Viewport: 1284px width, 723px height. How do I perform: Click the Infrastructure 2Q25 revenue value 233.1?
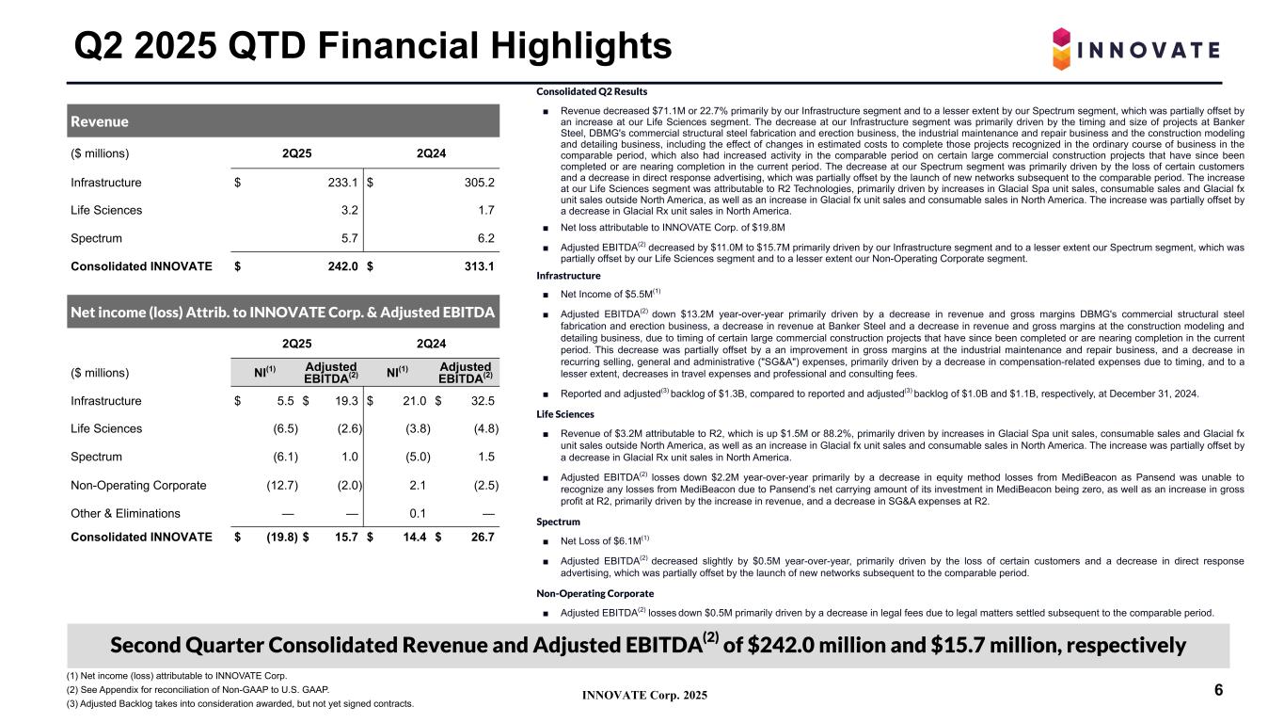pyautogui.click(x=341, y=184)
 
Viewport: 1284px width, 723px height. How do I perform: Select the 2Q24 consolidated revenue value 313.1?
pyautogui.click(x=477, y=266)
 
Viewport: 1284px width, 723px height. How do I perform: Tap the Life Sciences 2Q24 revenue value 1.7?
pyautogui.click(x=486, y=211)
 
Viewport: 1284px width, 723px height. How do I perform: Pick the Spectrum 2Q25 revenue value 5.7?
pyautogui.click(x=349, y=239)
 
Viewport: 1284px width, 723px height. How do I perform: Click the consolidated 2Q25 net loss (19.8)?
pyautogui.click(x=279, y=538)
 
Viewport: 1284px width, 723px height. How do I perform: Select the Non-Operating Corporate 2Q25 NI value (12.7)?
pyautogui.click(x=281, y=485)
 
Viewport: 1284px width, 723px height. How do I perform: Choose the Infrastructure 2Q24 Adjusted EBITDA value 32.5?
pyautogui.click(x=482, y=401)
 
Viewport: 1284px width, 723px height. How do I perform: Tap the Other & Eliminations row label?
pyautogui.click(x=125, y=513)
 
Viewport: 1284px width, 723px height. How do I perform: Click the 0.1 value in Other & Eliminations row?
pyautogui.click(x=419, y=513)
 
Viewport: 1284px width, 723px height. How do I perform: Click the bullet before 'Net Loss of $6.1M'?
pyautogui.click(x=547, y=540)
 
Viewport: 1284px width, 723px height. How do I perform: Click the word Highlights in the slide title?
pyautogui.click(x=560, y=44)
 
